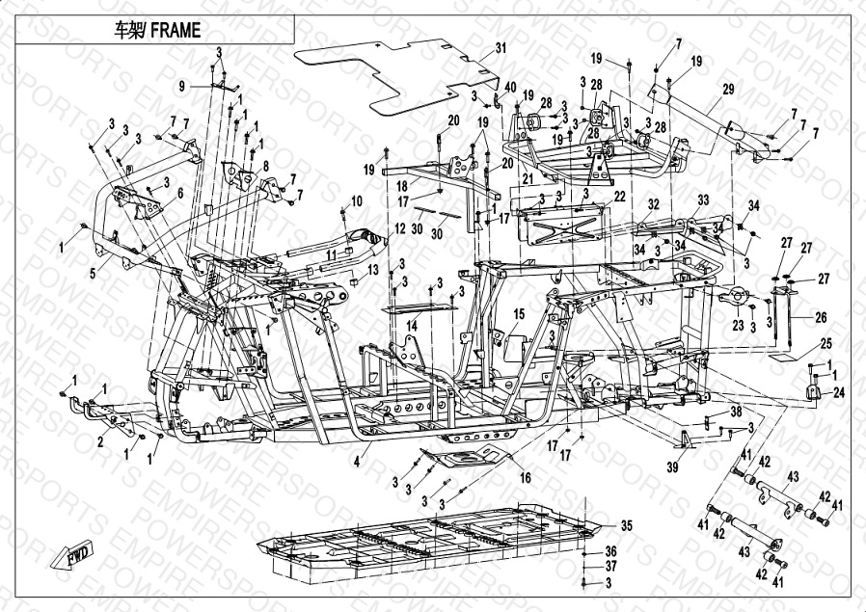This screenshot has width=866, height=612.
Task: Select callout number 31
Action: [501, 48]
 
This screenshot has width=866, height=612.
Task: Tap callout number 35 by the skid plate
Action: [625, 525]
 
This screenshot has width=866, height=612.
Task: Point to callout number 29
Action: [728, 90]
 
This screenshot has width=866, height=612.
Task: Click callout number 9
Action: [180, 87]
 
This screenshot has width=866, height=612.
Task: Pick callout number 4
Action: [356, 464]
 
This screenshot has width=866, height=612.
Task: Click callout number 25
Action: [825, 343]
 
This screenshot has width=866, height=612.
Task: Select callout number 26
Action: [821, 316]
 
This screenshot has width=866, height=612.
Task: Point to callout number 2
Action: [99, 442]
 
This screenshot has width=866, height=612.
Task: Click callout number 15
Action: [519, 314]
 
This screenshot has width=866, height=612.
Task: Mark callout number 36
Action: [610, 550]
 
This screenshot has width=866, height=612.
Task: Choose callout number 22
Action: [620, 196]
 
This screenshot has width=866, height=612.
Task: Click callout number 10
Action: [357, 201]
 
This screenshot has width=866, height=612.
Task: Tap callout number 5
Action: [93, 273]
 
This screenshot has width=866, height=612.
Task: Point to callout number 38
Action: [736, 412]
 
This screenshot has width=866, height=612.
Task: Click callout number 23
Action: [737, 326]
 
